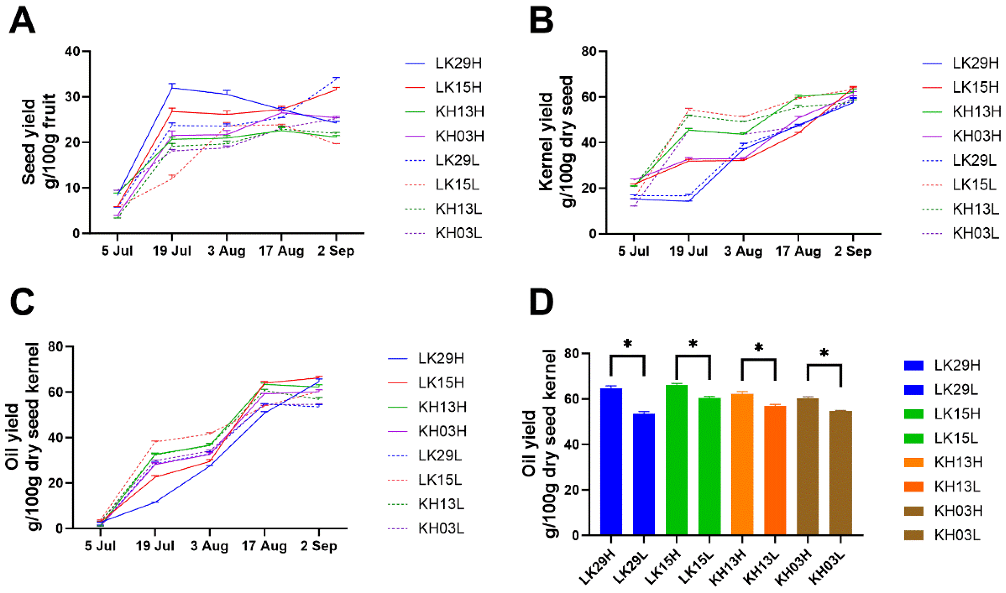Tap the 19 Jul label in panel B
(688, 251)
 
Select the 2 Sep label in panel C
(318, 546)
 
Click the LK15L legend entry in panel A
(458, 185)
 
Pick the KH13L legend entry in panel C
(441, 504)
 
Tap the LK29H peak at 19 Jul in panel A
(172, 88)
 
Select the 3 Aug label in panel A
(226, 251)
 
